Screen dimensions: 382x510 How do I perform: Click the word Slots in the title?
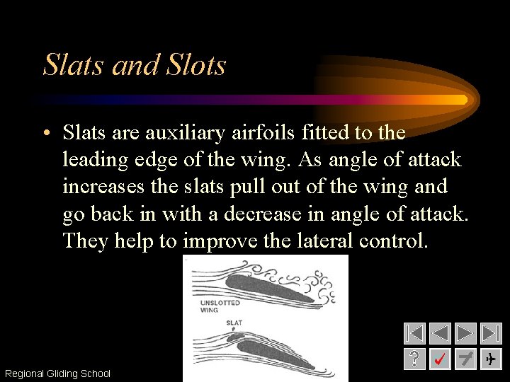pyautogui.click(x=195, y=65)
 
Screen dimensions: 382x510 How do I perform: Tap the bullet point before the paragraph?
pyautogui.click(x=46, y=134)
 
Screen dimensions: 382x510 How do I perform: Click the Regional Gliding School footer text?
pyautogui.click(x=57, y=374)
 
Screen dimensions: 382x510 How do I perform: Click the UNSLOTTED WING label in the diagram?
pyautogui.click(x=220, y=306)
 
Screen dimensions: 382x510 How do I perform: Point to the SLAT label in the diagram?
pyautogui.click(x=234, y=323)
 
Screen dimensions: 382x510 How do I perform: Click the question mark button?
pyautogui.click(x=414, y=359)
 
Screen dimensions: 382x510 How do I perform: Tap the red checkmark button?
pyautogui.click(x=440, y=359)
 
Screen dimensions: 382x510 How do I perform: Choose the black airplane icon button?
pyautogui.click(x=491, y=359)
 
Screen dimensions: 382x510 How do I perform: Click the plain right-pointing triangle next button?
pyautogui.click(x=465, y=334)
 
